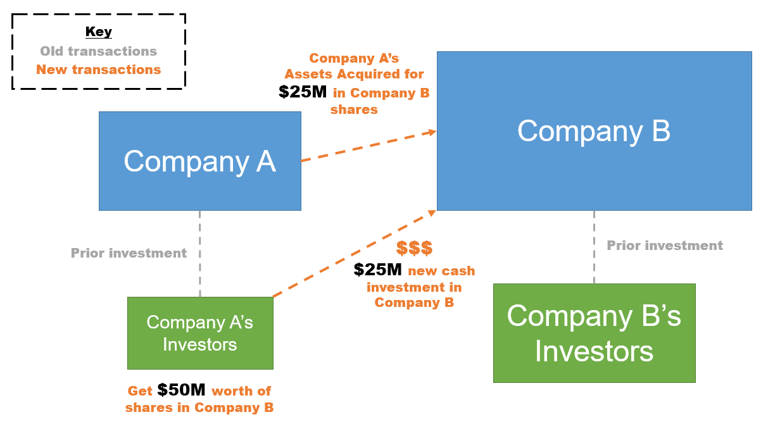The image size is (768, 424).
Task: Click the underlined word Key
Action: [x=98, y=32]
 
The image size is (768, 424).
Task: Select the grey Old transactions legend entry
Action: [x=98, y=51]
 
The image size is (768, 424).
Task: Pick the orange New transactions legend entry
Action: [x=98, y=70]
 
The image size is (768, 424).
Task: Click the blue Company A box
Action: [x=200, y=161]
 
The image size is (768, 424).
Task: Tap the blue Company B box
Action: [x=594, y=131]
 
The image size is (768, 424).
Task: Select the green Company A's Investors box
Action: [x=200, y=333]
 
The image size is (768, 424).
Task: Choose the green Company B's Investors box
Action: [x=595, y=333]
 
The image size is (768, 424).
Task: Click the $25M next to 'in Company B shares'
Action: [x=303, y=92]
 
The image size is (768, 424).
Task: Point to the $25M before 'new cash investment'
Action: [x=377, y=270]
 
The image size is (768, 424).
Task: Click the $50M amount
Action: [x=181, y=390]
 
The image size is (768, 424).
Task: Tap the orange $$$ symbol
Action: [x=414, y=247]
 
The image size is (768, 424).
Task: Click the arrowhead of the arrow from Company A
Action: [x=432, y=132]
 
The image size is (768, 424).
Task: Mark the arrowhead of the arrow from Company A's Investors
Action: [x=432, y=213]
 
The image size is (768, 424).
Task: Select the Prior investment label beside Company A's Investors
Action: [x=129, y=253]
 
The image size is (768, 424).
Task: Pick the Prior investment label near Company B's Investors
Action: [x=665, y=246]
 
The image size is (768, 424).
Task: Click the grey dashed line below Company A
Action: [x=200, y=254]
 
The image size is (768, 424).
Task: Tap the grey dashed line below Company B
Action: [x=594, y=247]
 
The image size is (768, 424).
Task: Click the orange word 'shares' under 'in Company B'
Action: [x=354, y=109]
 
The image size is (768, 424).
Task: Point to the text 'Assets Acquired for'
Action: [x=354, y=74]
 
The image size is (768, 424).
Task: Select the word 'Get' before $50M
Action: [x=140, y=390]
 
